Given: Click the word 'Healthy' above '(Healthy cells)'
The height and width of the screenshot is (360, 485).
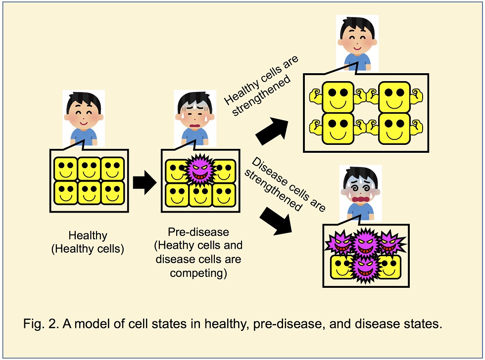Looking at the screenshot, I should tap(88, 235).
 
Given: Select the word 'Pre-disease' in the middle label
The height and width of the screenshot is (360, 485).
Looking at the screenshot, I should tap(198, 232).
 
